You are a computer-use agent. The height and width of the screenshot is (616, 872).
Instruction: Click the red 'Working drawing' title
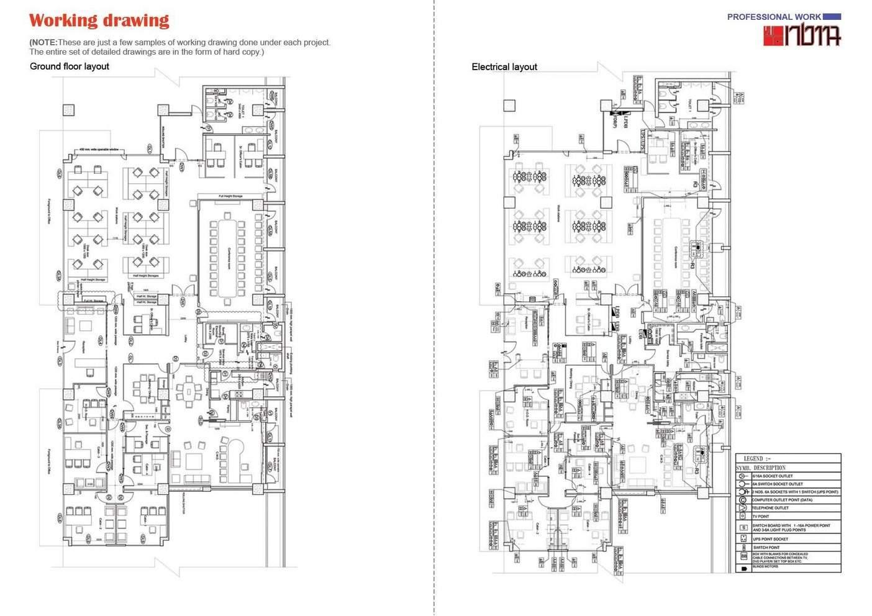coord(99,20)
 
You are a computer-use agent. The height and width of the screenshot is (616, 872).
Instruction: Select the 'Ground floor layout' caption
coord(70,66)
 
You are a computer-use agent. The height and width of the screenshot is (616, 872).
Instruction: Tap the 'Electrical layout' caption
coord(504,67)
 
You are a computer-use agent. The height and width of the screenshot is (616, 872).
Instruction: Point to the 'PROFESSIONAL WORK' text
coord(774,17)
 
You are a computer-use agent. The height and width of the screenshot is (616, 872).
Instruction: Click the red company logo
coord(802,36)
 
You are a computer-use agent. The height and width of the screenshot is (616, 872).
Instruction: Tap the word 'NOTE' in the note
coord(43,42)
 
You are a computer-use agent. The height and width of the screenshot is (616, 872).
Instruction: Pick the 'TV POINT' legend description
coord(761,516)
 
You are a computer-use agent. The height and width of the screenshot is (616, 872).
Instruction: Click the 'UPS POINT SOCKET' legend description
coord(771,539)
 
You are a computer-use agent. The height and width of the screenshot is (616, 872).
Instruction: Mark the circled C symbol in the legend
coord(743,499)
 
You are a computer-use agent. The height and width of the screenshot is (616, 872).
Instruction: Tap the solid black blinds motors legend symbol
coord(743,568)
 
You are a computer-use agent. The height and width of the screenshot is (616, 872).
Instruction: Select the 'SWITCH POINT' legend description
coord(766,548)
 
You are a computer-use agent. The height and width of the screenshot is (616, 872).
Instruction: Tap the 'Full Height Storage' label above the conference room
coord(230,196)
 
